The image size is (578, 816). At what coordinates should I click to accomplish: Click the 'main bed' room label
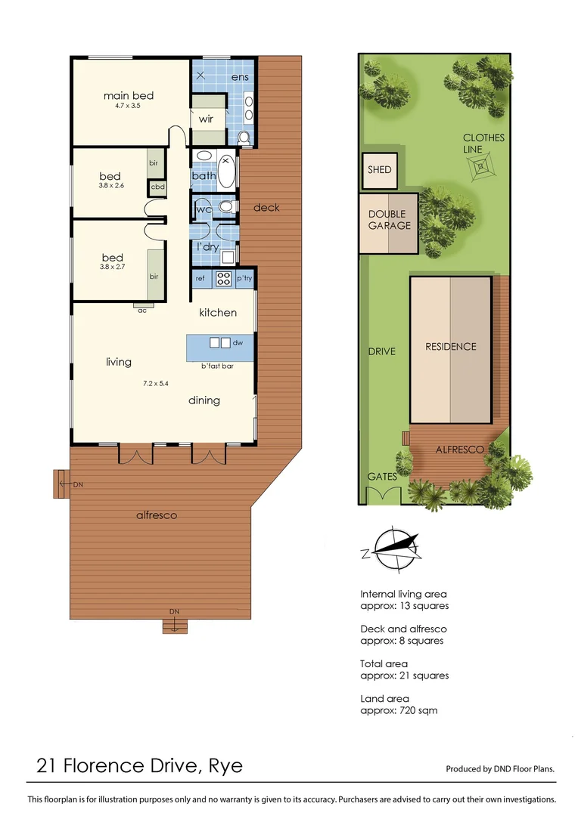click(129, 95)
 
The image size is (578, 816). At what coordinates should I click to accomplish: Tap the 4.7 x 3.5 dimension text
click(123, 107)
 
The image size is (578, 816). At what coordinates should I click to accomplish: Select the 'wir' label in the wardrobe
click(206, 119)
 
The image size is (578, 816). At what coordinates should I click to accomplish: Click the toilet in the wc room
click(225, 206)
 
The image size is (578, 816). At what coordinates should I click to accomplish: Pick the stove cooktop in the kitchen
click(224, 278)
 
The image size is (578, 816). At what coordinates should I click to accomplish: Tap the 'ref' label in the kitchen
click(200, 278)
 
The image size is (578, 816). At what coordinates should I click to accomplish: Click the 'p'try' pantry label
click(244, 278)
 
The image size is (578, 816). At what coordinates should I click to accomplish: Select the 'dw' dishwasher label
click(238, 343)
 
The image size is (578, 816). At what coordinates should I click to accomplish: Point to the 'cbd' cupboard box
click(158, 187)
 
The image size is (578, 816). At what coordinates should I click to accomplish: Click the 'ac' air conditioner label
click(141, 310)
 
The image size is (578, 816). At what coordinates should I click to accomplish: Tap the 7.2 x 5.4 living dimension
click(155, 383)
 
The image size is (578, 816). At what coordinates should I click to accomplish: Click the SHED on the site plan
click(380, 169)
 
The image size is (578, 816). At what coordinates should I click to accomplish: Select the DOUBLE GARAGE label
click(390, 220)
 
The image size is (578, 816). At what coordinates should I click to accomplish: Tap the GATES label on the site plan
click(382, 477)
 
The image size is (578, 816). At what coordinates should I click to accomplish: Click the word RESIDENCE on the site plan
click(451, 346)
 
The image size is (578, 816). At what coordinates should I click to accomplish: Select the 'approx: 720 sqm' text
click(399, 710)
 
